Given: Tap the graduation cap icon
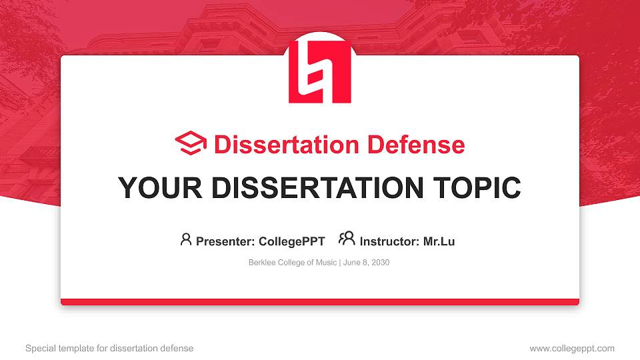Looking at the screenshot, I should coord(191,143).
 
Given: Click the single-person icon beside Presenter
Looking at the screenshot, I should coord(186,239).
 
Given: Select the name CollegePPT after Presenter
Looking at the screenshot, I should coord(292,241).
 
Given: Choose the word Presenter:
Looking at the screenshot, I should coord(224,241).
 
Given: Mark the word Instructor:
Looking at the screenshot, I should coord(389,241).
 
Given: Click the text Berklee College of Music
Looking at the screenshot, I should coord(293,263).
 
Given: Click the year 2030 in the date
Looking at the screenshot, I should coord(380,263).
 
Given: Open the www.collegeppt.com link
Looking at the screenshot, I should coord(572,348).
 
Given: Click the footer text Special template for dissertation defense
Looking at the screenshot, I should coord(109,348).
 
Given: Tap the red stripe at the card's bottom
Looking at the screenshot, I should coord(320,302).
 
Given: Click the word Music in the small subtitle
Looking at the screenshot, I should coord(326,263).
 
